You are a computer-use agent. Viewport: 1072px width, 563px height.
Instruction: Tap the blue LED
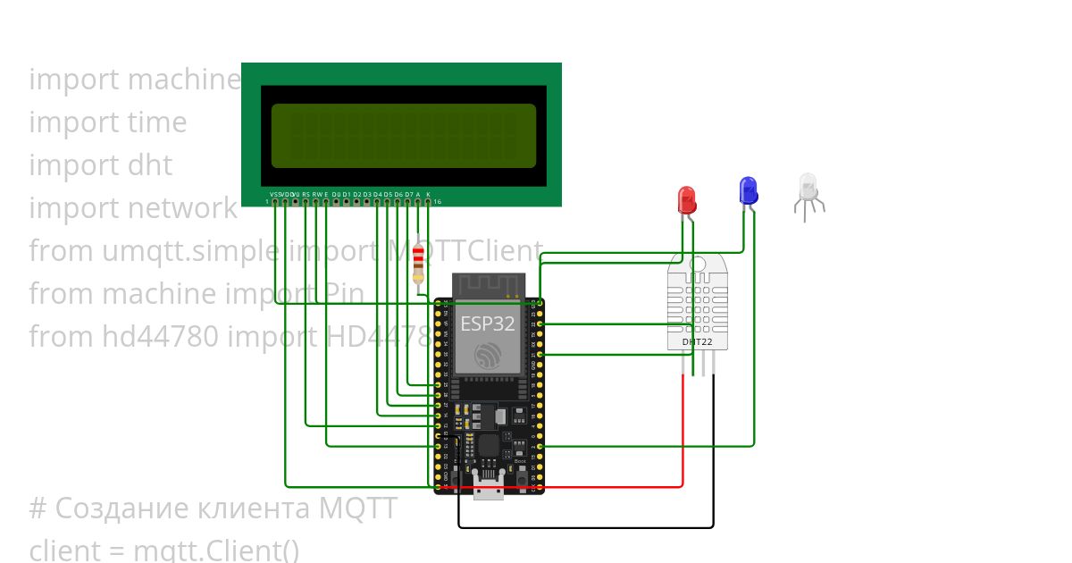click(748, 190)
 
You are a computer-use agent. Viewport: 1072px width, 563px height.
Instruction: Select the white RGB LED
click(808, 188)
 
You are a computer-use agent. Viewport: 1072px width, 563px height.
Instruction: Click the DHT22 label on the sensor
click(697, 341)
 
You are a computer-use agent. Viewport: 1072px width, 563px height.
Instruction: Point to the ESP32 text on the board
click(487, 324)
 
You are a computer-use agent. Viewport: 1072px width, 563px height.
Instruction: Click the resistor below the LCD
click(419, 265)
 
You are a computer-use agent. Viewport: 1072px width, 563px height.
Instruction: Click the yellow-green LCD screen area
click(403, 136)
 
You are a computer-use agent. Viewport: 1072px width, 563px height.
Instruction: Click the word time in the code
click(157, 122)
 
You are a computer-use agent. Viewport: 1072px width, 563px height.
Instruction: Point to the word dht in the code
click(150, 165)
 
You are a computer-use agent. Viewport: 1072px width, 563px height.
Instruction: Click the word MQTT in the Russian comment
click(358, 508)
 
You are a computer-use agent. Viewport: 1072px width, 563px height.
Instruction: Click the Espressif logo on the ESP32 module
click(487, 355)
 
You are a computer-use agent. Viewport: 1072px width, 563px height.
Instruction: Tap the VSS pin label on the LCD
click(274, 194)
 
